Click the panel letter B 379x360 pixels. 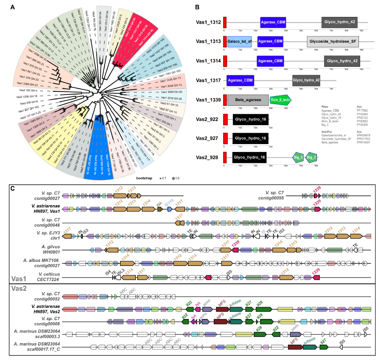[197, 7]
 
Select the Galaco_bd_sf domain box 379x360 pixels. [240, 41]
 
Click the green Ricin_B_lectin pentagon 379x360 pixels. [280, 100]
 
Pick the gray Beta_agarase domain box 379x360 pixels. [248, 100]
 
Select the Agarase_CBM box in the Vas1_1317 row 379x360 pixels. [240, 80]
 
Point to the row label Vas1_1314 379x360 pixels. [208, 61]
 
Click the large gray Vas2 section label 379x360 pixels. [19, 288]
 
